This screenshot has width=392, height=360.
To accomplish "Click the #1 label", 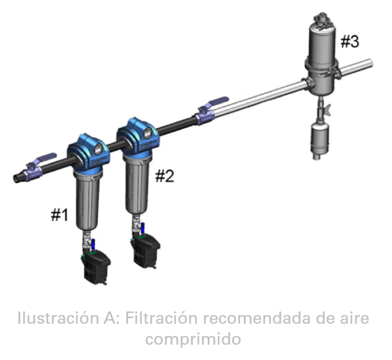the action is tap(60, 215).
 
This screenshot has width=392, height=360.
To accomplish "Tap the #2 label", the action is tap(164, 176).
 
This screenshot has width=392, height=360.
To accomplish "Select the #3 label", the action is tap(350, 41).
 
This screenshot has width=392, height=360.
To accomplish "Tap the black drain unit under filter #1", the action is tap(96, 267).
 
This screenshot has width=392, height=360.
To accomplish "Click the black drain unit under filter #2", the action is tap(146, 250).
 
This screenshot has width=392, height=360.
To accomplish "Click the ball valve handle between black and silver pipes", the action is tap(217, 102).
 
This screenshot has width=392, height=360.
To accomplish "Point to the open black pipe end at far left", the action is tap(16, 178).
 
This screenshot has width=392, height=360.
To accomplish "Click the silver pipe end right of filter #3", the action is tap(370, 63).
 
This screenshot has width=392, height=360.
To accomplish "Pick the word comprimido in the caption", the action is tap(193, 340).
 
